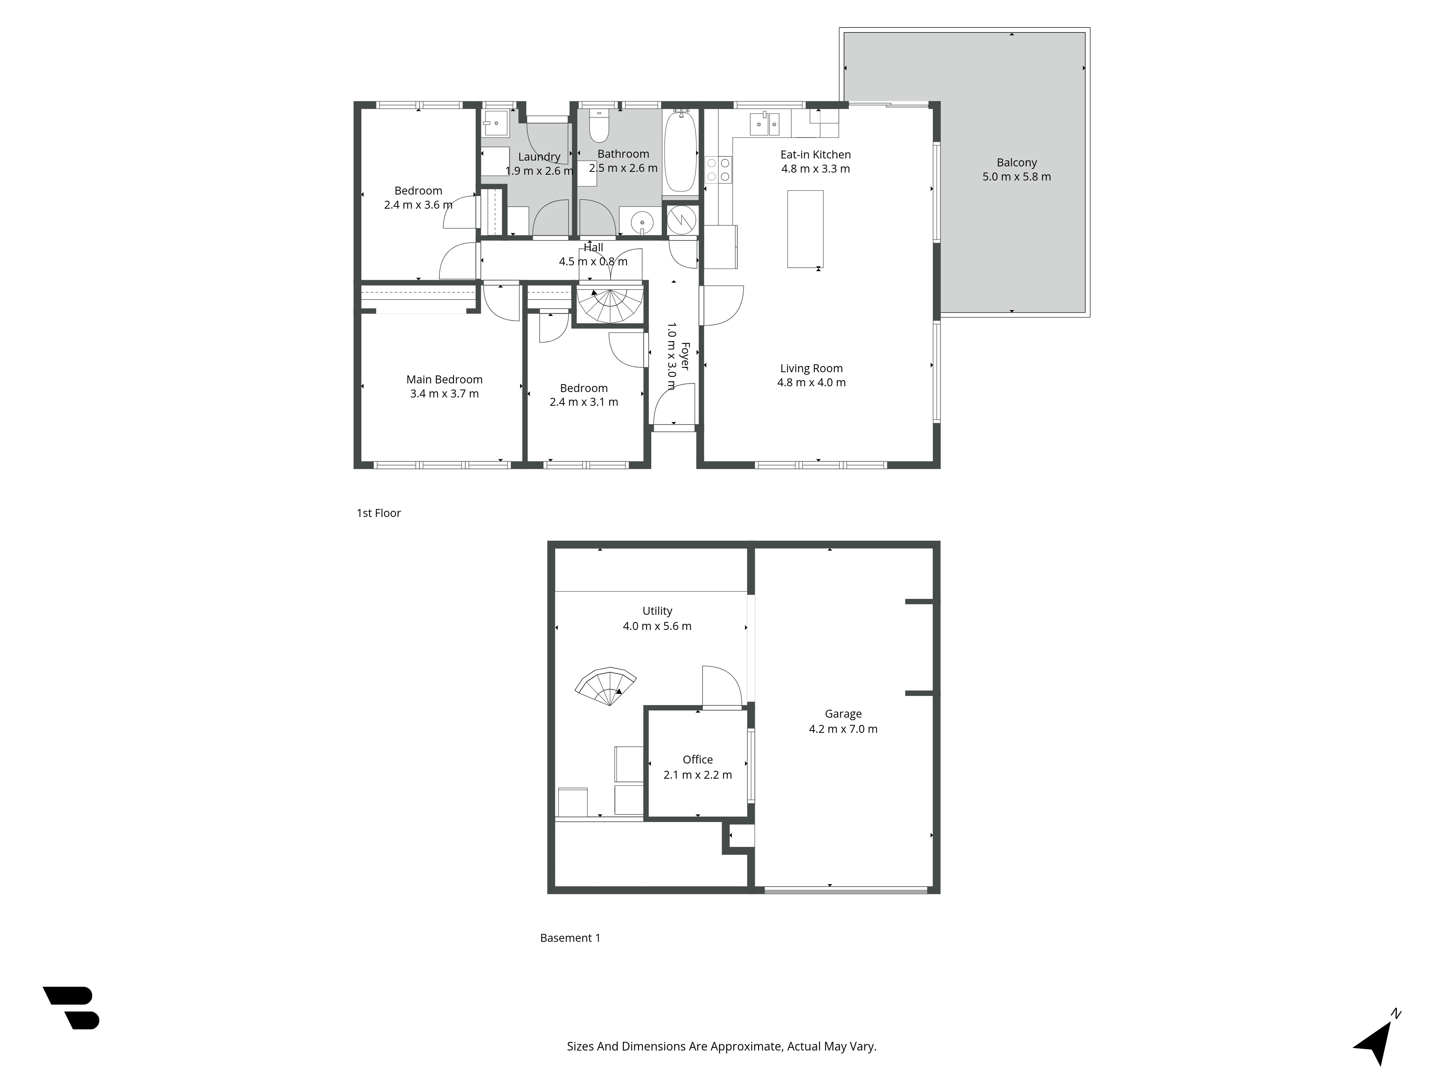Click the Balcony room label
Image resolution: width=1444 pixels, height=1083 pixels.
click(1017, 162)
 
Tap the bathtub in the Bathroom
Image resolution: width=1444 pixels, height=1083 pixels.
click(681, 152)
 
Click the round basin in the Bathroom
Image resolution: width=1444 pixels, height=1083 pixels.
click(642, 221)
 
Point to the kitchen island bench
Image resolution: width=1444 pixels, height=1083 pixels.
click(805, 229)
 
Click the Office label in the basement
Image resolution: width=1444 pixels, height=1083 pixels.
click(697, 759)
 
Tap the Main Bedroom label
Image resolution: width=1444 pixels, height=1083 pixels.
click(444, 379)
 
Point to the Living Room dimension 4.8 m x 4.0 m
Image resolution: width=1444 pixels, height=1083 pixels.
click(811, 383)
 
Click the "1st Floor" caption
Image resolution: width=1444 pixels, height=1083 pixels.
click(379, 513)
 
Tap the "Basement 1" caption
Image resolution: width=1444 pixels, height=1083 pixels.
click(570, 938)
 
